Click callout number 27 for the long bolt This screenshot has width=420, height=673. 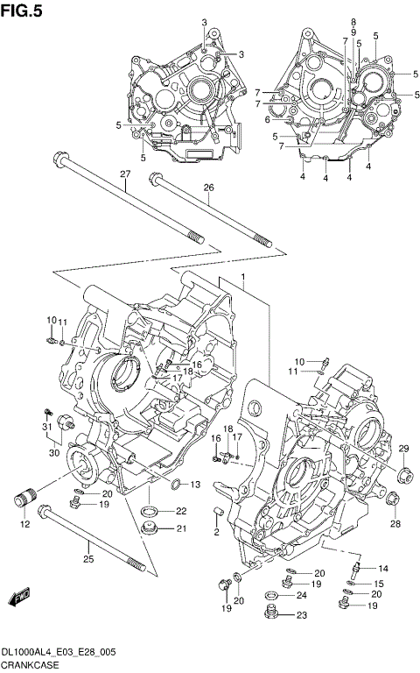pyautogui.click(x=125, y=174)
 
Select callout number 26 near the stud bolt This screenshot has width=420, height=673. pyautogui.click(x=208, y=188)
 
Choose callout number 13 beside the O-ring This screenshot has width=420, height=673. pyautogui.click(x=195, y=485)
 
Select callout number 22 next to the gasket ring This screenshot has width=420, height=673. pyautogui.click(x=180, y=511)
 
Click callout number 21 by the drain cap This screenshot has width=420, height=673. pyautogui.click(x=180, y=528)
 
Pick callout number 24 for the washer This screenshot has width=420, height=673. pyautogui.click(x=301, y=595)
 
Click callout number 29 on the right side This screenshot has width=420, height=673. pyautogui.click(x=403, y=450)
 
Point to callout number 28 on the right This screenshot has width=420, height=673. pyautogui.click(x=395, y=523)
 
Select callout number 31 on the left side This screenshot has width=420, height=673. pyautogui.click(x=45, y=427)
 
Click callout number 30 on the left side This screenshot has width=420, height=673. pyautogui.click(x=53, y=452)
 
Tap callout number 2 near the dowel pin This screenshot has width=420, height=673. pyautogui.click(x=215, y=532)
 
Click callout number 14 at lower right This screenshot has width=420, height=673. pyautogui.click(x=382, y=569)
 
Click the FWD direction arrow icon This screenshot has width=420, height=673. pyautogui.click(x=17, y=599)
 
